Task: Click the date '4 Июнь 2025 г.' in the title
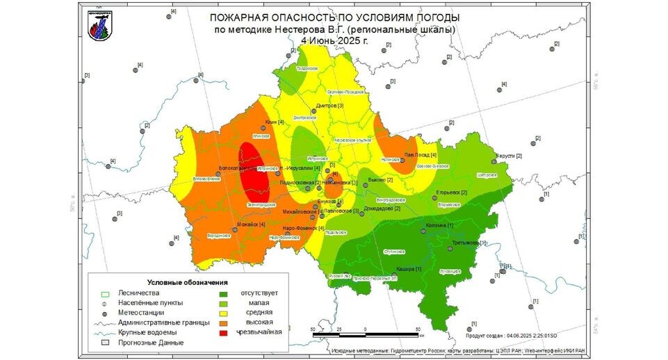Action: pos(334,41)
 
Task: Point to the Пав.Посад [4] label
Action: pos(421,155)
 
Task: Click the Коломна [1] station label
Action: pos(440,226)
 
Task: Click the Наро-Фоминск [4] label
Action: pos(304,228)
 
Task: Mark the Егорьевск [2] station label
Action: pos(451,193)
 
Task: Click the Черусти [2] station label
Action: pos(509,156)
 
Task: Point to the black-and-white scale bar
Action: pos(365,335)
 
